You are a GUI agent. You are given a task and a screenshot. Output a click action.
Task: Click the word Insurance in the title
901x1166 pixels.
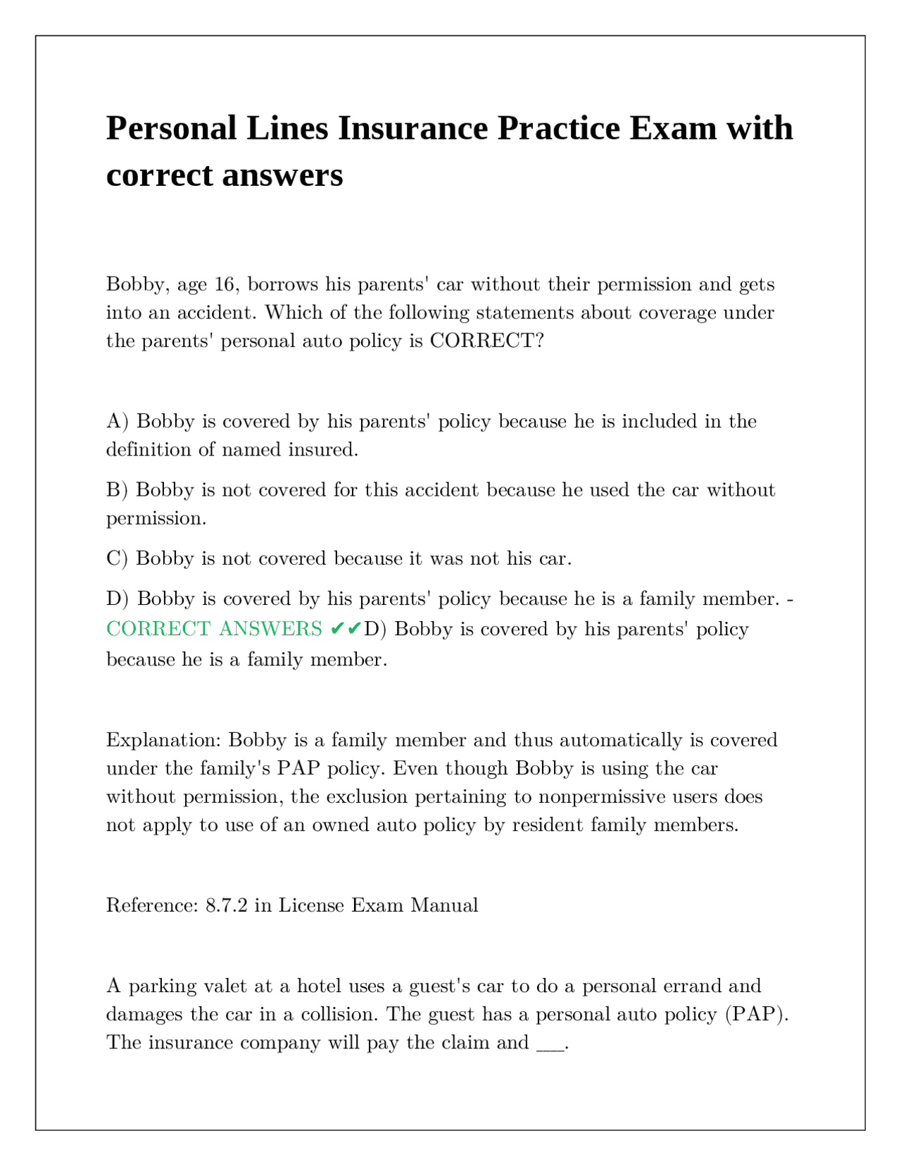(412, 129)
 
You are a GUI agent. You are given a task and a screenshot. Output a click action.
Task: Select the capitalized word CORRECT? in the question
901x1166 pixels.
(487, 341)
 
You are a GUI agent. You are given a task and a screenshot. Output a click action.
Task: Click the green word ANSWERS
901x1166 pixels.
(270, 629)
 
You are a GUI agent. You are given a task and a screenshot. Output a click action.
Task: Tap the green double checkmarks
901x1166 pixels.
(346, 628)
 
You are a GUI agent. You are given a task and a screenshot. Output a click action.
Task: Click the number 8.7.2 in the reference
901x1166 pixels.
(226, 905)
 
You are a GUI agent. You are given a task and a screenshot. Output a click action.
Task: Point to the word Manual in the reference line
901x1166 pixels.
(444, 905)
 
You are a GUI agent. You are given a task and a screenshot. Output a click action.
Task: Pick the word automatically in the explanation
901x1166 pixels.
(620, 740)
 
